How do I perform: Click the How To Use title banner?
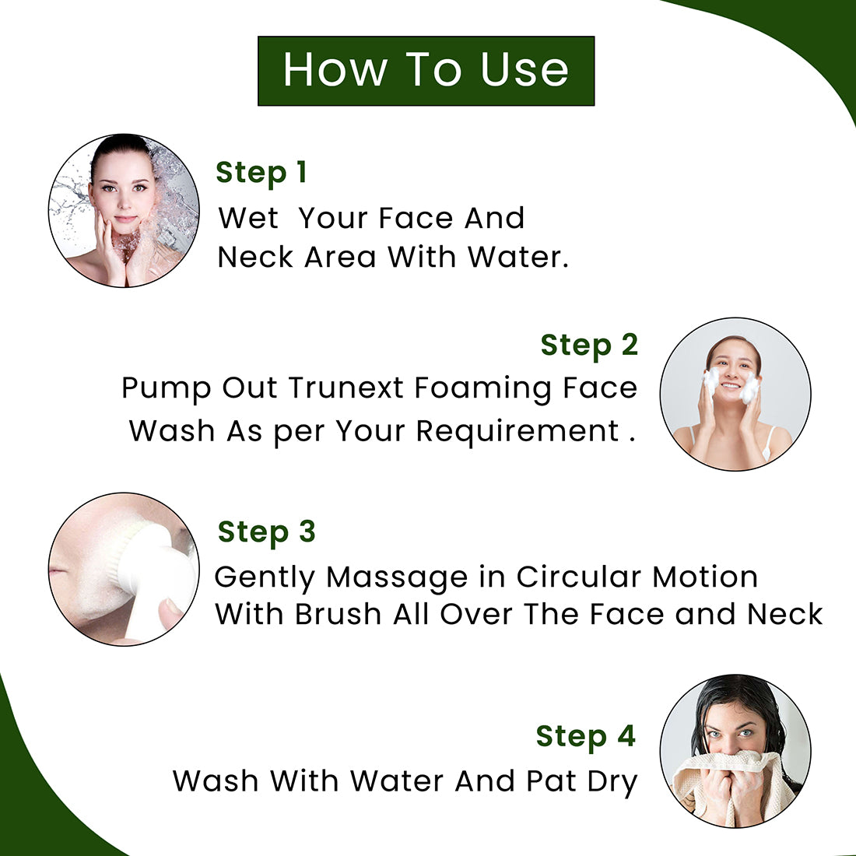[x=426, y=71]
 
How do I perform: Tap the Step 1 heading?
[x=261, y=174]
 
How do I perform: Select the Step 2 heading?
[x=589, y=346]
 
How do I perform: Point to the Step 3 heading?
[x=266, y=533]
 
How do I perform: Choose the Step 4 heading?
[x=586, y=737]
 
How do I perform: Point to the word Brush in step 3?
[x=338, y=614]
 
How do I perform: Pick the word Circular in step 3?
[x=579, y=577]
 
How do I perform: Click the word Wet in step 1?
[x=248, y=219]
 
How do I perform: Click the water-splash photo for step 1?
[x=124, y=210]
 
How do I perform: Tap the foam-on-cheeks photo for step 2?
[x=735, y=395]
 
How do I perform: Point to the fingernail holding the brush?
[x=171, y=606]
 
